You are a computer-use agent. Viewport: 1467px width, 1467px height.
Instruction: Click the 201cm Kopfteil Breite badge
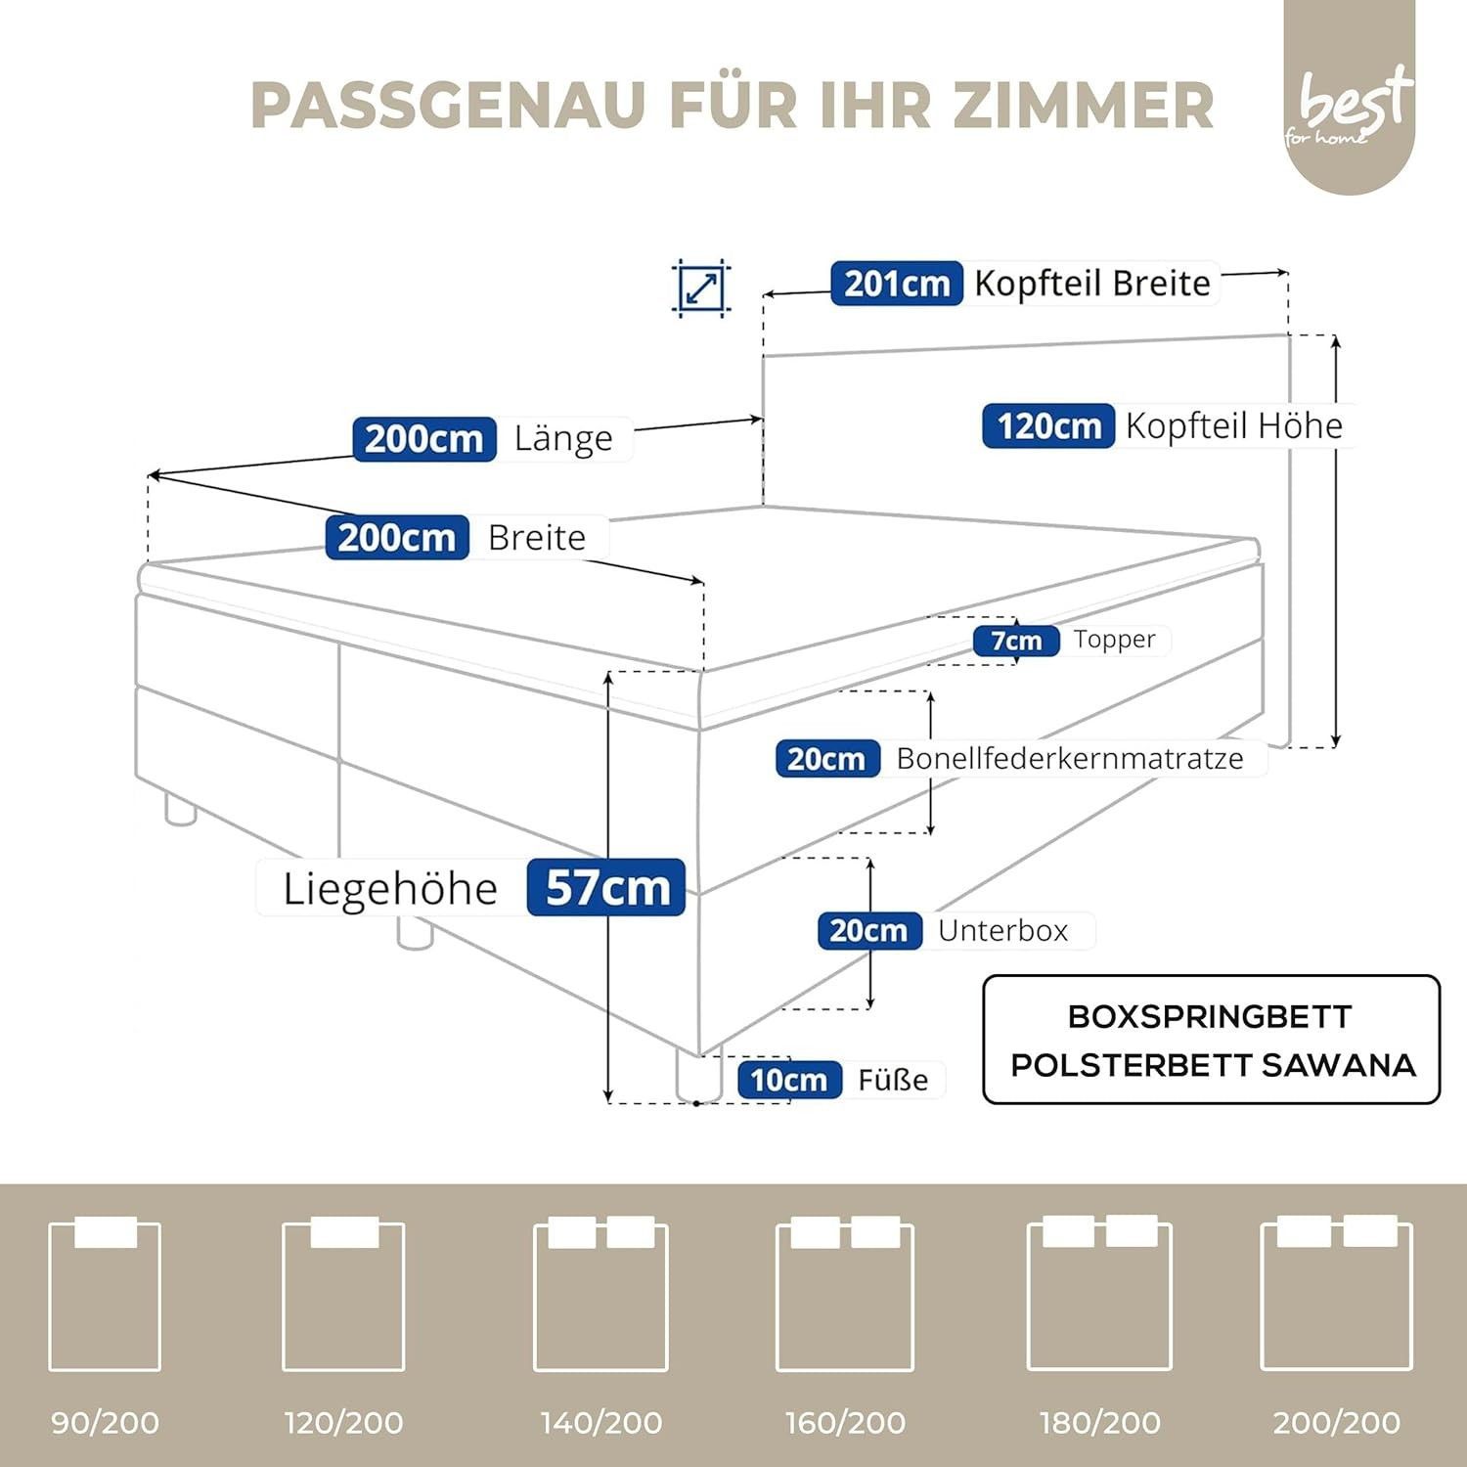[897, 284]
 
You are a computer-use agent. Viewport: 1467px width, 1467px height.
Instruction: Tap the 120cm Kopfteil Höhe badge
[1048, 426]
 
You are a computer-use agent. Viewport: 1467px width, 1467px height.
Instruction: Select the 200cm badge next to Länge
[424, 438]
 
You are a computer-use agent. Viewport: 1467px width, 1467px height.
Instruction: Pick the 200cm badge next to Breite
[397, 537]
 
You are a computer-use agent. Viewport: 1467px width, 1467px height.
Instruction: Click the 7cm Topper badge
[1016, 641]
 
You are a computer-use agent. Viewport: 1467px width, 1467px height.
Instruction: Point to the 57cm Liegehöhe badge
[606, 887]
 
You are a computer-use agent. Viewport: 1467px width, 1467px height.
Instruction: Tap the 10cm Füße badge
[789, 1080]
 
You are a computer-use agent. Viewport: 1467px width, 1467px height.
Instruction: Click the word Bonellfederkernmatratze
[1070, 759]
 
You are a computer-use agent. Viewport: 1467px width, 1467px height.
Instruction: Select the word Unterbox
[1002, 930]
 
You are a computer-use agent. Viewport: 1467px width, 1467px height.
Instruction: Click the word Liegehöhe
[390, 889]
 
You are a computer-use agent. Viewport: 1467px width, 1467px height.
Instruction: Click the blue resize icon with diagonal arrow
[701, 289]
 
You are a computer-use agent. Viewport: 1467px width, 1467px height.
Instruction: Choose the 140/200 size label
[601, 1422]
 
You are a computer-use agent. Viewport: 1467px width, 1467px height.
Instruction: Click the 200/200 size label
[1337, 1422]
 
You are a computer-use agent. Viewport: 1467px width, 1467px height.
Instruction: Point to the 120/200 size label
[343, 1422]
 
